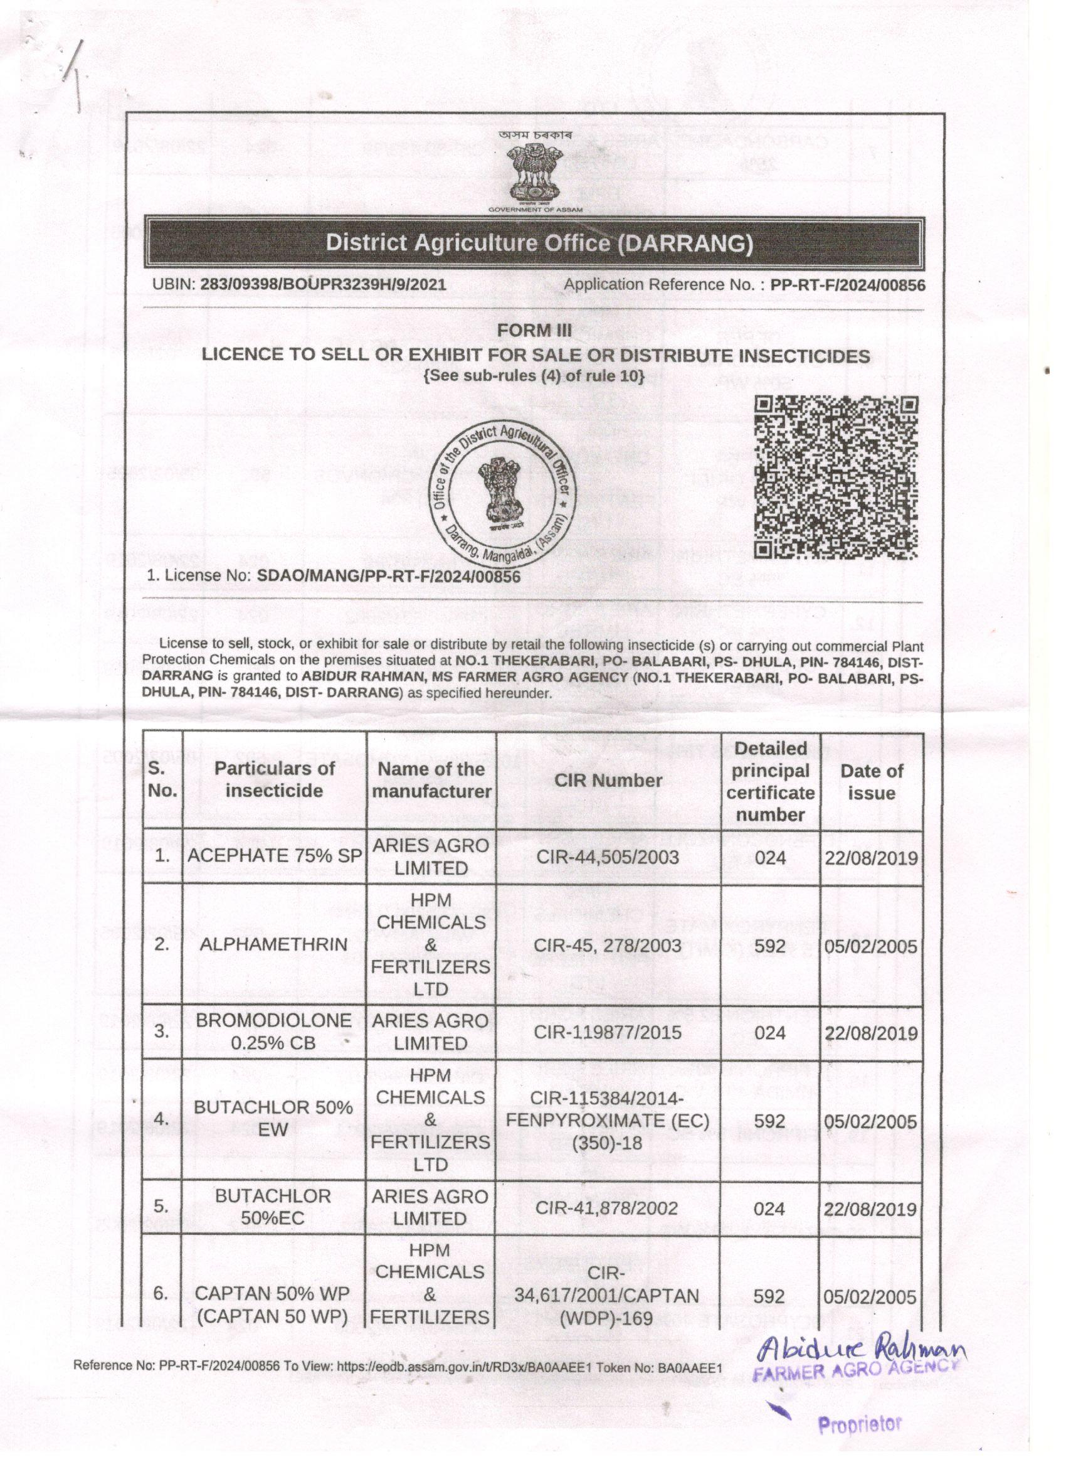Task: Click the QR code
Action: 837,477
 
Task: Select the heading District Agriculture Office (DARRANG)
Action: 539,243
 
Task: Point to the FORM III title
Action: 535,331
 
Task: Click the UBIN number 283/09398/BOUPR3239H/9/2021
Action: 323,284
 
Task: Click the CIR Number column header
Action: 608,780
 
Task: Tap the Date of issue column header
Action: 871,781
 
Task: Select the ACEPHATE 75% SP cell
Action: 274,856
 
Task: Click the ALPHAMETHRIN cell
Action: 274,944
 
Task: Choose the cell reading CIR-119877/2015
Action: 608,1032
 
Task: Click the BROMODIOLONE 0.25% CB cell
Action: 274,1032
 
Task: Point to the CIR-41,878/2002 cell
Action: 608,1208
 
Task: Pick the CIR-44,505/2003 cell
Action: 608,857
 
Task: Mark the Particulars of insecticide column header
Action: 274,779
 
